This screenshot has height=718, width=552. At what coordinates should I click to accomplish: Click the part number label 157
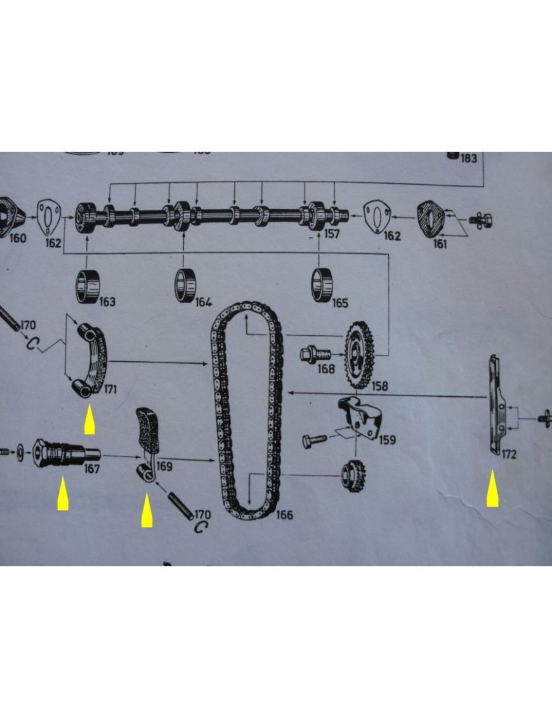tap(332, 234)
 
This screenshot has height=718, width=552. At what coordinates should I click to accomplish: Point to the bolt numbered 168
tap(313, 353)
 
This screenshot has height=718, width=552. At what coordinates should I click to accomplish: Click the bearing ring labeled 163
tap(88, 286)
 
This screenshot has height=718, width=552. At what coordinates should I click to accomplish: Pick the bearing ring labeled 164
tap(186, 285)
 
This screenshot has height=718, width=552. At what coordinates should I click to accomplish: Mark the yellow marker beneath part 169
tap(147, 511)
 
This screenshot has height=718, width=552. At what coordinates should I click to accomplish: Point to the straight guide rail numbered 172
tap(496, 406)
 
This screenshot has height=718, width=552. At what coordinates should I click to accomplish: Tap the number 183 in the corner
tap(468, 158)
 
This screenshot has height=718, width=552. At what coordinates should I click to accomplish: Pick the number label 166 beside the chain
tap(284, 514)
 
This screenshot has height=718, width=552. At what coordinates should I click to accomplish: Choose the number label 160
tap(17, 239)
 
